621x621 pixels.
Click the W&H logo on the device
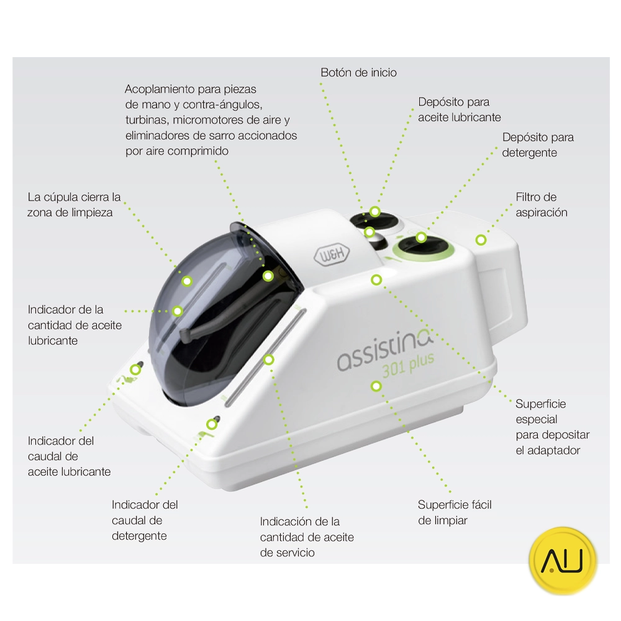coord(332,255)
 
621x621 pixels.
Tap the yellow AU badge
coord(563,560)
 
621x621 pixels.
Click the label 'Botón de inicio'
coord(358,73)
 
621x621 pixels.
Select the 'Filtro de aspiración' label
coord(541,205)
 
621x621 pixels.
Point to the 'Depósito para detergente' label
coord(537,145)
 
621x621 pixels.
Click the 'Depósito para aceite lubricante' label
coord(459,110)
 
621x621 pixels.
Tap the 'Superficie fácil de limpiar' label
coord(455,512)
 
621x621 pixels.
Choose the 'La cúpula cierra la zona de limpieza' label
coord(74,205)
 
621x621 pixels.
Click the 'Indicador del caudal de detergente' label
coord(145,520)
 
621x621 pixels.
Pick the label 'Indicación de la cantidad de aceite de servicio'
coord(307,537)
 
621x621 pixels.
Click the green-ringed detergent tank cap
coord(423,248)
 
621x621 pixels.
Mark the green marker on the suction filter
coord(481,240)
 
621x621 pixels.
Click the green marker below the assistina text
coord(376,386)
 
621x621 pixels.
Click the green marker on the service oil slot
coord(268,360)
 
